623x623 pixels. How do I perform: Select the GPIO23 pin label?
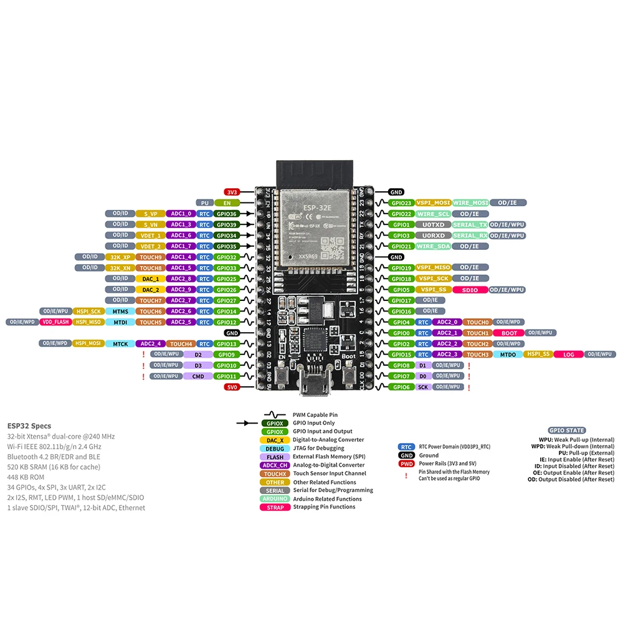[x=401, y=202]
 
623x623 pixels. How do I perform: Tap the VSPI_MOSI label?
[x=433, y=202]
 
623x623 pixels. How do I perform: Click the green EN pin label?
[x=227, y=202]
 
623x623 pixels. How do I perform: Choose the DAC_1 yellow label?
[x=150, y=278]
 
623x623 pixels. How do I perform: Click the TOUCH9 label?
[x=150, y=257]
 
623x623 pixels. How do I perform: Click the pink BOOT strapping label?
[x=509, y=333]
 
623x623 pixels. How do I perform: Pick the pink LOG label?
[x=568, y=354]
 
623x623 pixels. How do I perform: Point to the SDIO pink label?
[x=470, y=290]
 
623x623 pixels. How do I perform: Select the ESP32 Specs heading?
[x=29, y=426]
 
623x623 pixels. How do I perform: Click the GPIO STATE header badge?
[x=566, y=430]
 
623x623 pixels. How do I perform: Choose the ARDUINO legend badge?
[x=275, y=498]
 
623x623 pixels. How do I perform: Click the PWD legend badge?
[x=406, y=464]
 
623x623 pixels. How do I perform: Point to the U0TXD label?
[x=433, y=224]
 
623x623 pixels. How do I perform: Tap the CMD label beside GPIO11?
[x=198, y=376]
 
